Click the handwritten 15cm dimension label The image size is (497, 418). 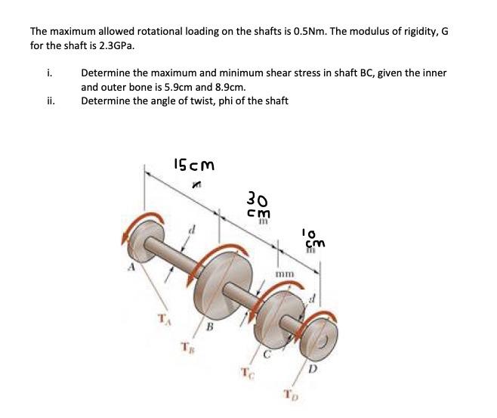(193, 164)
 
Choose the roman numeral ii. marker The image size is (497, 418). (49, 101)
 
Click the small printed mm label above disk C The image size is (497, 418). (285, 274)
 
